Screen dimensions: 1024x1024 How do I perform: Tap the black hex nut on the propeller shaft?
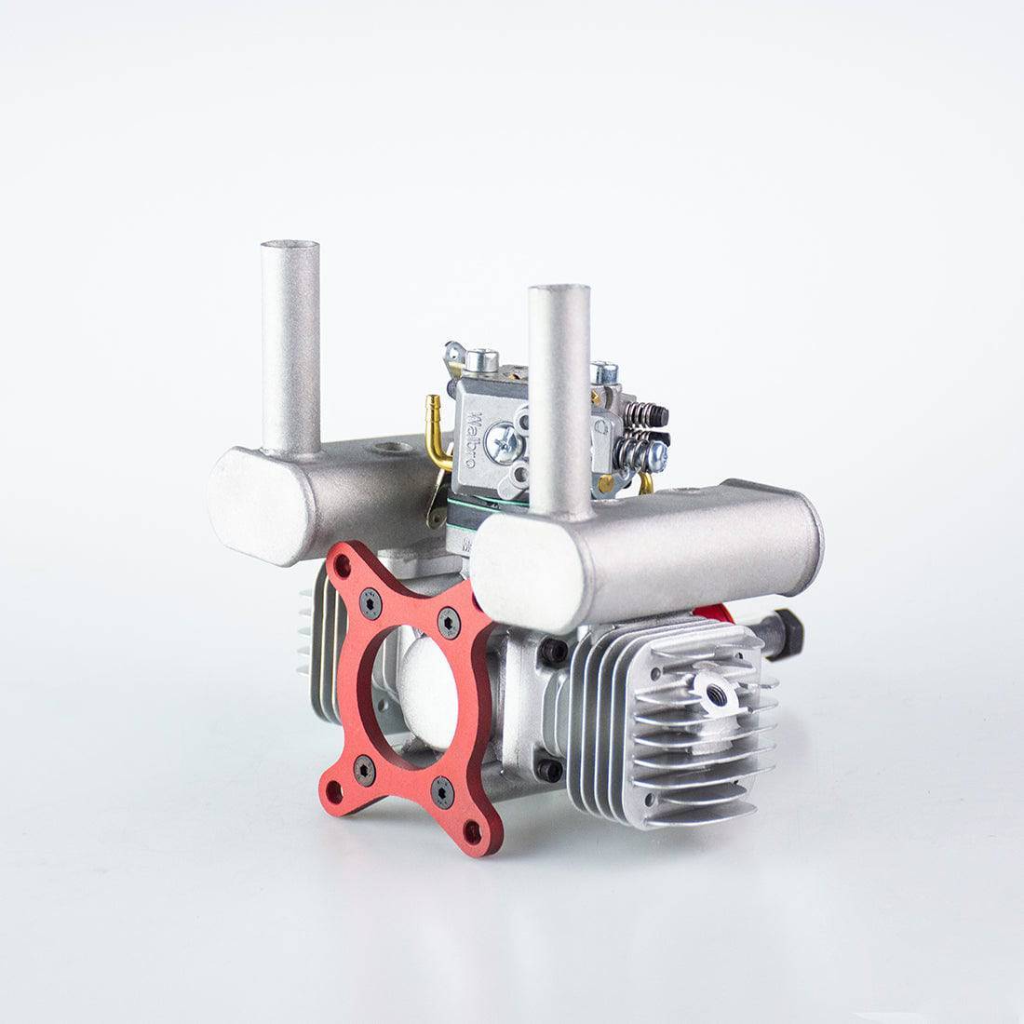click(787, 632)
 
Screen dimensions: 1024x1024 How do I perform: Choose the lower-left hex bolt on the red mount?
click(364, 769)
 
